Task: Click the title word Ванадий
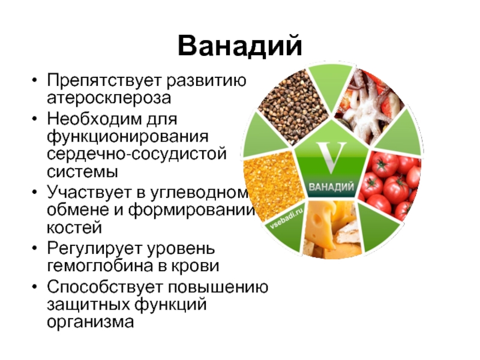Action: [240, 46]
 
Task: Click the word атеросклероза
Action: [109, 98]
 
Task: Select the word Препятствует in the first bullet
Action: [104, 81]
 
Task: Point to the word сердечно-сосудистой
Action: [137, 154]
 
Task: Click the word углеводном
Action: [199, 193]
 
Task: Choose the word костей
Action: [74, 228]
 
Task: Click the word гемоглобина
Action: [100, 266]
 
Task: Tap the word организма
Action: [91, 322]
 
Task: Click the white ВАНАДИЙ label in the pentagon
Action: [331, 187]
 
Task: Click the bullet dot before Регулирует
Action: [35, 248]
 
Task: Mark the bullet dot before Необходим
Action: [35, 119]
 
